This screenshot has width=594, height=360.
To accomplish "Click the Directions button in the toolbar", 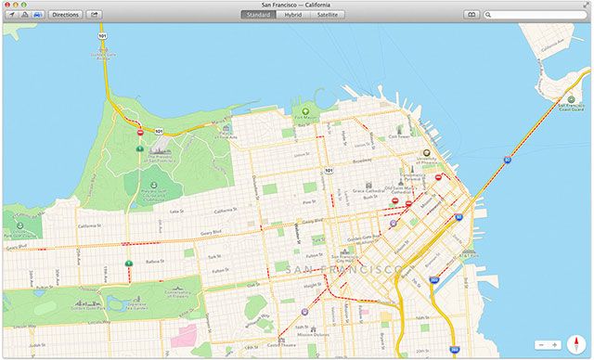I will point(66,15).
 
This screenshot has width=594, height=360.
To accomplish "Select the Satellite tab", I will point(326,15).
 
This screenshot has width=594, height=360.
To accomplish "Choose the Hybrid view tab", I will point(292,15).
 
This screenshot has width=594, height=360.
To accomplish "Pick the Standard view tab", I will point(257,15).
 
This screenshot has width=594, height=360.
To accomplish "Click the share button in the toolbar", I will point(95,15).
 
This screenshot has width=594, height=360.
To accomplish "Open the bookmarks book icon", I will point(471,15).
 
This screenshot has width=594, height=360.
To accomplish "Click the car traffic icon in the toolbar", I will point(36,15).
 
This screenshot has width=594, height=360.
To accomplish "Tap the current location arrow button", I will point(10,15).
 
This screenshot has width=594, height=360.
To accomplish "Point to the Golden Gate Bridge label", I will point(101,54).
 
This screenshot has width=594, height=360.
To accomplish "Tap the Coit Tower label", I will point(398,135).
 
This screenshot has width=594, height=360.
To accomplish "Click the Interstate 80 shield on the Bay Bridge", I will point(507,160).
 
